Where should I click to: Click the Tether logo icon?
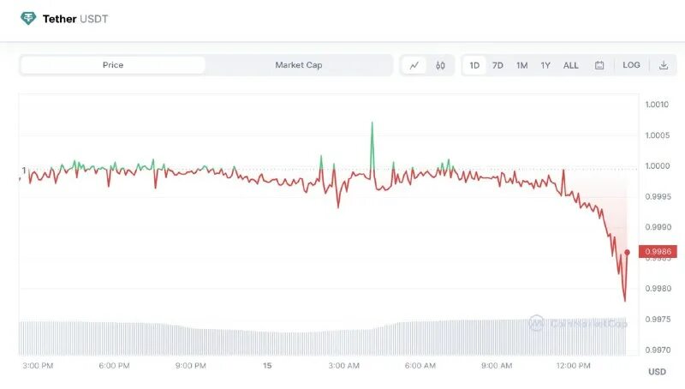pos(29,18)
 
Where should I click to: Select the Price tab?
pos(113,65)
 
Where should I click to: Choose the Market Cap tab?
pos(299,65)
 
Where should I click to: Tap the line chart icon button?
pos(414,65)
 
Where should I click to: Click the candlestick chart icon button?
pos(440,65)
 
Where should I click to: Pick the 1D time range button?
pos(474,65)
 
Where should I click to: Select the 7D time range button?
pos(497,65)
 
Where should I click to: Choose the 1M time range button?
pos(521,65)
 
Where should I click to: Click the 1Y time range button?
pos(545,65)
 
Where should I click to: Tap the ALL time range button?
pos(571,65)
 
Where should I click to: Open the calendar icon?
pos(599,65)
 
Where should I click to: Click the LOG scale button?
pos(631,65)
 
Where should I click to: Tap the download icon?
pos(663,65)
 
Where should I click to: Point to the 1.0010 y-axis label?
pos(656,105)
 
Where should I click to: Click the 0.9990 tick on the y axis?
pos(656,227)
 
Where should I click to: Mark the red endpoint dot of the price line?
pos(628,252)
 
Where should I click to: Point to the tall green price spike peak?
pos(372,123)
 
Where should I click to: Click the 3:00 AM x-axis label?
pos(343,366)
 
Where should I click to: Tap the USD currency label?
pos(657,372)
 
